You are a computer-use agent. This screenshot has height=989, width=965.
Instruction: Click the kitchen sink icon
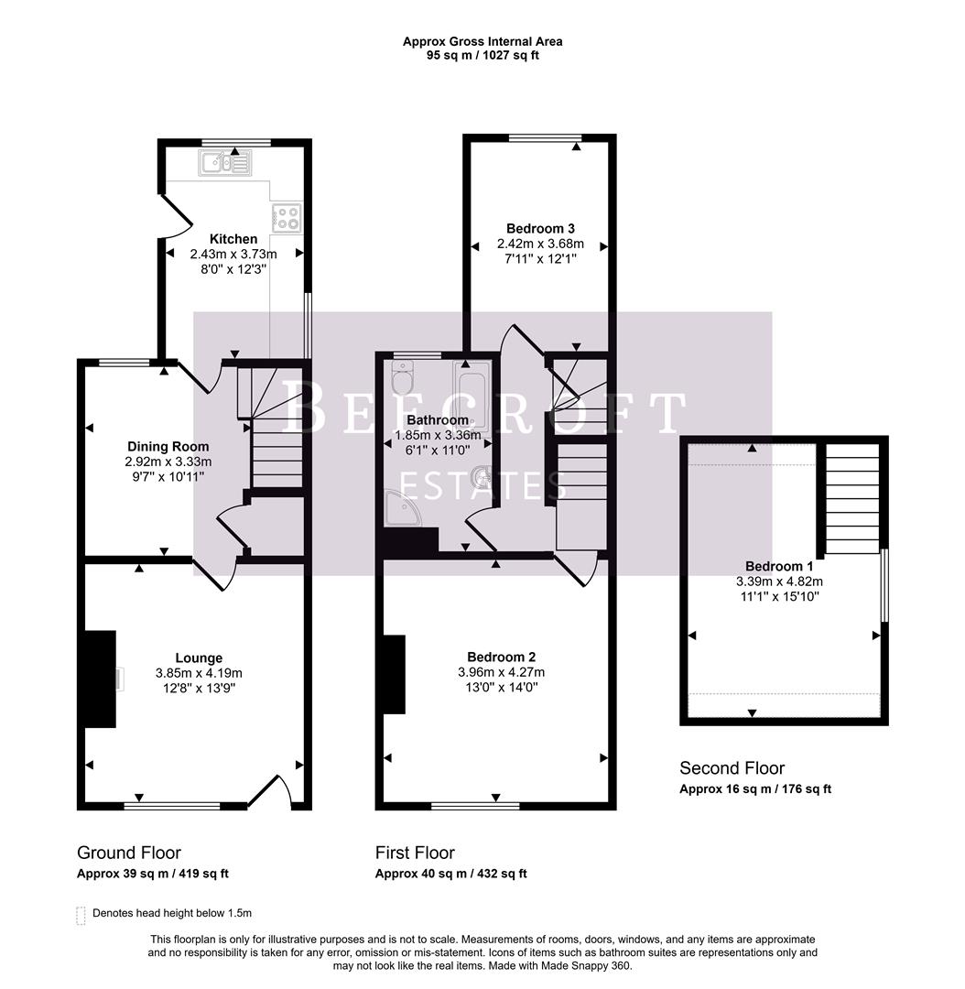pos(224,165)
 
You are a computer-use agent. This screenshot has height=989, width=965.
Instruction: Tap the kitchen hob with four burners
pos(287,218)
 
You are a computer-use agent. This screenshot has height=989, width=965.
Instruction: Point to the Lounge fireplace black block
pos(100,679)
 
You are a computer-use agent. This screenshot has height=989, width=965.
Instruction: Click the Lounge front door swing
pos(275,789)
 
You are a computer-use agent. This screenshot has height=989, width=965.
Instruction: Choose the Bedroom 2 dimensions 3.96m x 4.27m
pos(501,672)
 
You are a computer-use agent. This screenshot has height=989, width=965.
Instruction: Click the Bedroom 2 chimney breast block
pos(394,675)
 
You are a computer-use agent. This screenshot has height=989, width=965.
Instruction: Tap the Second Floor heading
pos(732,768)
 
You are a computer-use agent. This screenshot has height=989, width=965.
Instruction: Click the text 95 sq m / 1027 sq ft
pos(482,56)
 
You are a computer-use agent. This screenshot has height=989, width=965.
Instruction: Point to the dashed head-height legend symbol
pos(81,915)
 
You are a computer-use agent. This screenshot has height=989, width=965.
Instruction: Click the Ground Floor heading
pos(129,853)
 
